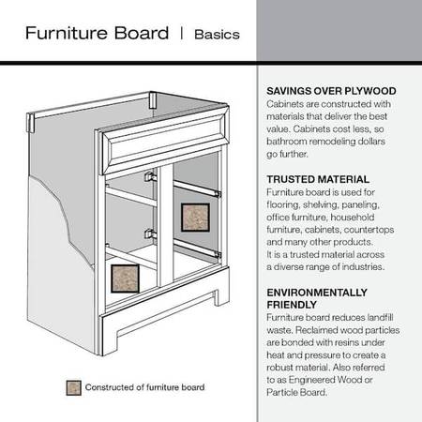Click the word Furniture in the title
(x=68, y=33)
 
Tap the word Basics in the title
(x=217, y=35)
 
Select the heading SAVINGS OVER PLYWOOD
(x=331, y=91)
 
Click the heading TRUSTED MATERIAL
(x=318, y=179)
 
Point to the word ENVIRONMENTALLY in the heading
(x=317, y=293)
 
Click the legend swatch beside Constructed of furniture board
(x=74, y=388)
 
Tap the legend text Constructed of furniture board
(x=144, y=387)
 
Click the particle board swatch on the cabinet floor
(x=125, y=279)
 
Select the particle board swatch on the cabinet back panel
(x=195, y=218)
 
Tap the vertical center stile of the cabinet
(x=165, y=226)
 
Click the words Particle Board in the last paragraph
(x=296, y=392)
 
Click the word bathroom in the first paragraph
(x=287, y=142)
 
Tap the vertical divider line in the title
(x=181, y=33)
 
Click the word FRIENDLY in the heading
(x=292, y=305)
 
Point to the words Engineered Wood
(x=326, y=380)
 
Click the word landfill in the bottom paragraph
(x=380, y=318)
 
